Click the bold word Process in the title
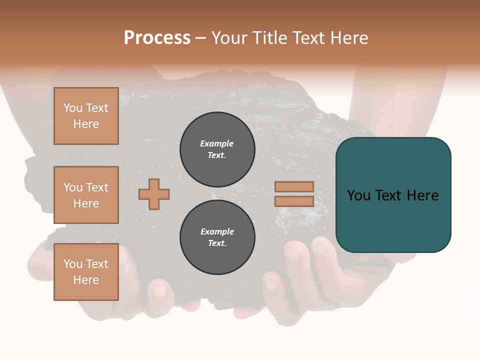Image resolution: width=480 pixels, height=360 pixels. tap(157, 38)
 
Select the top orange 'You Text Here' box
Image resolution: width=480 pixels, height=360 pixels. tap(86, 116)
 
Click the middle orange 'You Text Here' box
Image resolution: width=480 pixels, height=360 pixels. tap(86, 195)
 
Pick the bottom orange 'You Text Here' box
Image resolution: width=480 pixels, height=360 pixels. tap(86, 272)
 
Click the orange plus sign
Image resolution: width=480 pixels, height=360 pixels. tap(153, 194)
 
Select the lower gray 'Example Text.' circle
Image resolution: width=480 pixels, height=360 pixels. tap(217, 237)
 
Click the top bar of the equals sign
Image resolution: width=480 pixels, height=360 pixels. tap(294, 187)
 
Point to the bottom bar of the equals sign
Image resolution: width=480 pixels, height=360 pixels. tap(294, 201)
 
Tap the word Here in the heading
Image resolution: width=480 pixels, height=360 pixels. tap(348, 38)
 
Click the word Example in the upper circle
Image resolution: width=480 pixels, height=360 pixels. tap(217, 143)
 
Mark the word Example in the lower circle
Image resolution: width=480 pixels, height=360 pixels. tap(217, 231)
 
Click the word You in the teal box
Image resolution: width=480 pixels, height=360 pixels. tap(358, 195)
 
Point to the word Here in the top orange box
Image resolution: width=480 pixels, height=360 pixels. tap(86, 124)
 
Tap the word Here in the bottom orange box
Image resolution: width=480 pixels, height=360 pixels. tap(86, 280)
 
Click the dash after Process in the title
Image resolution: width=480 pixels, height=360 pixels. tap(200, 38)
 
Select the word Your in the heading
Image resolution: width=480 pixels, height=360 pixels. tap(229, 38)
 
